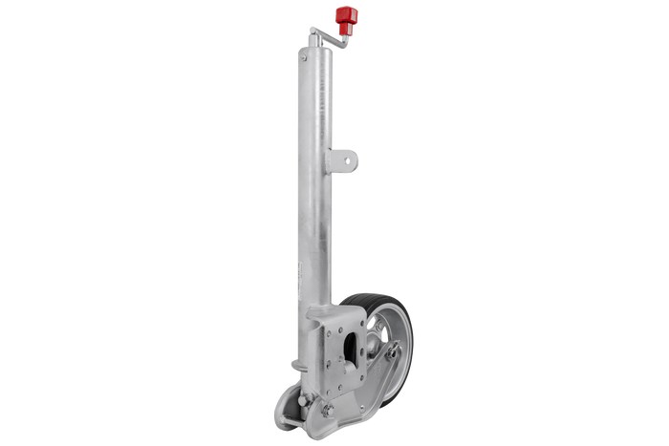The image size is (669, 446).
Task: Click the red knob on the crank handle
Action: pos(346,16)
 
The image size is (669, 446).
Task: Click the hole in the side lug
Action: pos(345,158)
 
